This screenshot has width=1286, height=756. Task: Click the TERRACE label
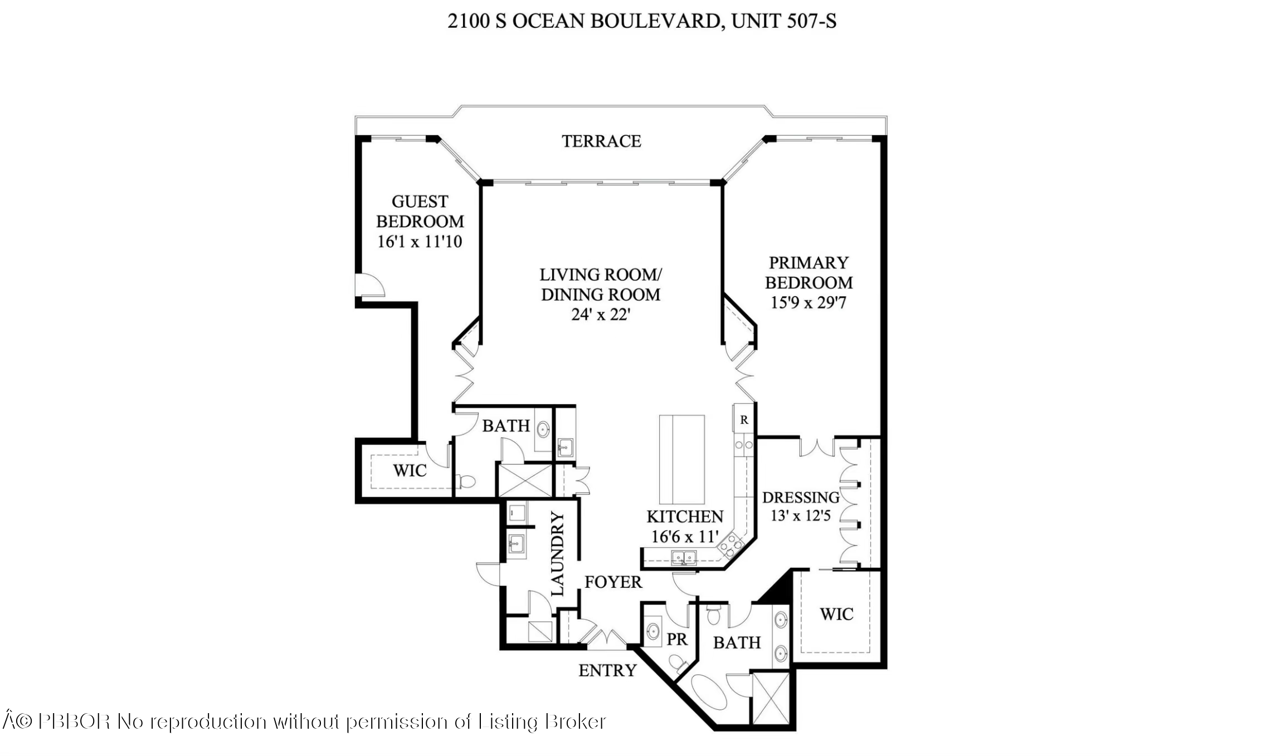pos(601,141)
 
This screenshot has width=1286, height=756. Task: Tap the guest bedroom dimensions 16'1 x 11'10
pos(420,242)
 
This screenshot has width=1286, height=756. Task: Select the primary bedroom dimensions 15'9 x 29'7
pos(808,303)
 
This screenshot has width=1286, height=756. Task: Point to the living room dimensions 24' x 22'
pos(600,315)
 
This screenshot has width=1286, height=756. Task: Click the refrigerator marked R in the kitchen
pos(744,420)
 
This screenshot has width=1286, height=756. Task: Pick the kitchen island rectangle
pos(681,459)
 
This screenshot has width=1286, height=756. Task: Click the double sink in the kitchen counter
pos(684,557)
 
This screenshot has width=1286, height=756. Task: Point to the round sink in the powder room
pos(653,631)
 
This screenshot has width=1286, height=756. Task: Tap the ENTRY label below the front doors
pos(607,671)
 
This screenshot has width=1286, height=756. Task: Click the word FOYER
pos(613,582)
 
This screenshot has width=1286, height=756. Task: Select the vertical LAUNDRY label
pos(558,554)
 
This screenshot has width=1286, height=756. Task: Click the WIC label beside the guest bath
pos(410,471)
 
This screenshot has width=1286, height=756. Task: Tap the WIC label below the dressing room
pos(836,615)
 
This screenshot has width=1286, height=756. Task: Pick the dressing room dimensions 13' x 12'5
pos(800,516)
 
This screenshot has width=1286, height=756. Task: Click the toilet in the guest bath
pos(465,480)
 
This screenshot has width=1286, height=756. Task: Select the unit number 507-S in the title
pos(811,21)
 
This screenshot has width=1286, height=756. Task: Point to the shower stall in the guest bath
pos(524,480)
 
